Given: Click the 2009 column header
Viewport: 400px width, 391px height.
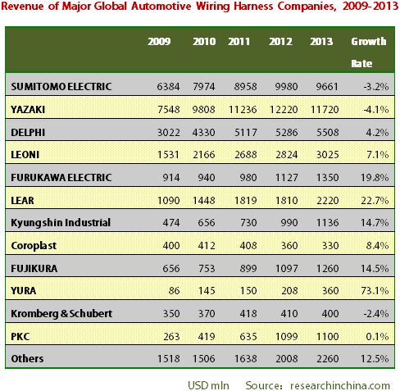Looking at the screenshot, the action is tap(159, 42).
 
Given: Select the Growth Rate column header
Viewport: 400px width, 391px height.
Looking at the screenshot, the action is tap(369, 52).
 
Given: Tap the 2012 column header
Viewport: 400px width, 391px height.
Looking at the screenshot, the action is tap(280, 42).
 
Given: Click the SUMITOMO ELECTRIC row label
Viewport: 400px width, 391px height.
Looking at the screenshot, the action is tap(61, 87).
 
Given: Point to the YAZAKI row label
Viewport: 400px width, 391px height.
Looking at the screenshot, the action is tap(28, 110).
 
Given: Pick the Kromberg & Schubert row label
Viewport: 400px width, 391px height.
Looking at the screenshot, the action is tap(61, 314).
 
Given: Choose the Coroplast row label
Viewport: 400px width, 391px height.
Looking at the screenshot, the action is tap(34, 246).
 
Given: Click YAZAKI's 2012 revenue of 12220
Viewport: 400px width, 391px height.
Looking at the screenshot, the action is tap(284, 110).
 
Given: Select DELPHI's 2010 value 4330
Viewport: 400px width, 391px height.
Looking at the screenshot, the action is tap(203, 133).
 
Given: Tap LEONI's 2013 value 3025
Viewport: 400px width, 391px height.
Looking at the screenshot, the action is tap(327, 155).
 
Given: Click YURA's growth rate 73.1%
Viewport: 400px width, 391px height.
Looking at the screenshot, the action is tap(375, 291).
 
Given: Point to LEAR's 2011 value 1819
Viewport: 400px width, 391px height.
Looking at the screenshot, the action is tap(245, 201).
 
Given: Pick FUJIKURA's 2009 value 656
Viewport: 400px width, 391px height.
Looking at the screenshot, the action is tap(171, 268).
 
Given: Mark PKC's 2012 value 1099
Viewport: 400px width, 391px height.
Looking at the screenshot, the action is tap(286, 337).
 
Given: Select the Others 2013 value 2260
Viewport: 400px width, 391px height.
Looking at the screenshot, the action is tap(327, 359).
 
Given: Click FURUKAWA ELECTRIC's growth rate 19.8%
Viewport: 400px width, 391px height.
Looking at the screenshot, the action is tap(375, 178).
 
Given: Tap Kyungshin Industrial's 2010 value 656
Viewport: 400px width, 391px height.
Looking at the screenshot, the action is tap(207, 223).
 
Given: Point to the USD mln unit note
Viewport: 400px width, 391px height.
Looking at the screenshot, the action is tap(208, 385).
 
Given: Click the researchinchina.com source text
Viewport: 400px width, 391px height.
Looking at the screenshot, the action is tap(340, 385).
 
